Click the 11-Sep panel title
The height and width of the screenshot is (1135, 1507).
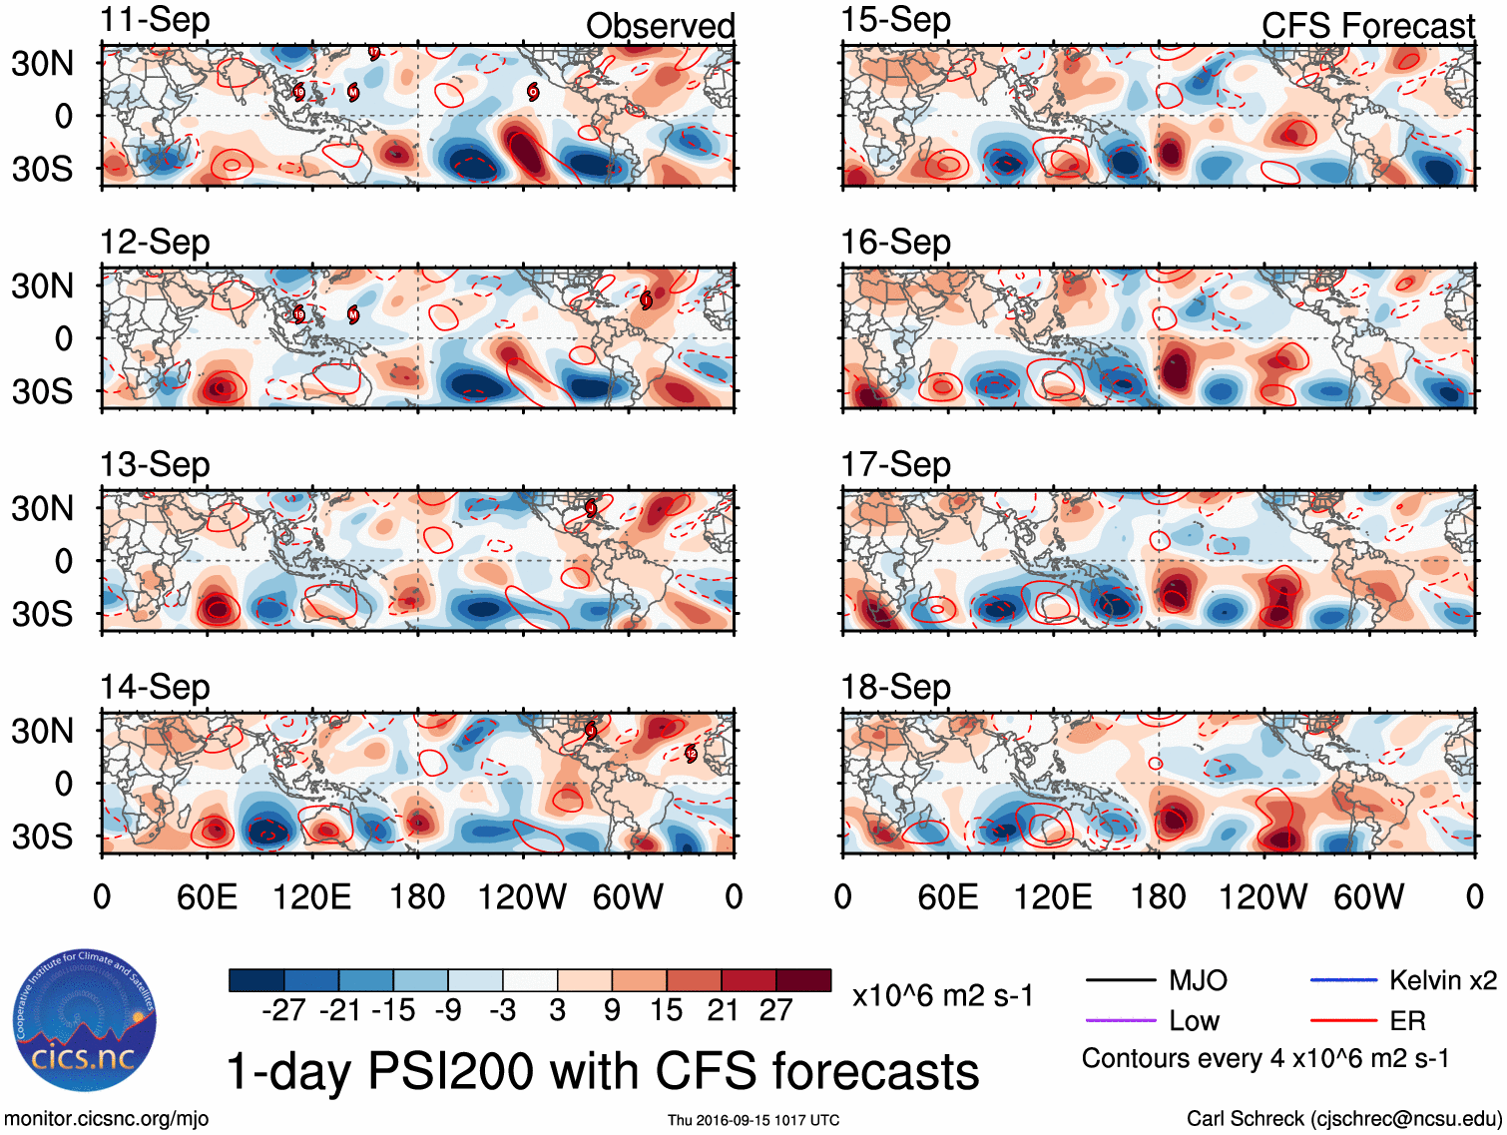pos(155,20)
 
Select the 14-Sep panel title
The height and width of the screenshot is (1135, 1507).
pos(155,687)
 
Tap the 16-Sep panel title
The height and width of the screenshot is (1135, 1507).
pos(895,242)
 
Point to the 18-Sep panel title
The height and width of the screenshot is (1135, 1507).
pos(895,687)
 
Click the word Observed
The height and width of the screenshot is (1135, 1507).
pos(660,26)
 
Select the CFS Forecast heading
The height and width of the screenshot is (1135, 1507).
pos(1367,26)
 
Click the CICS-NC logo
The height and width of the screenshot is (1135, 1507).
pos(84,1020)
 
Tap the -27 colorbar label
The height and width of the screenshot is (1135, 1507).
pos(283,1010)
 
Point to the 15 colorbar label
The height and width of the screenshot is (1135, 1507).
pos(667,1010)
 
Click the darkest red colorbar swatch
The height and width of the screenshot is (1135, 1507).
pos(803,980)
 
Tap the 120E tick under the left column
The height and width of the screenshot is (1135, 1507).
pos(311,896)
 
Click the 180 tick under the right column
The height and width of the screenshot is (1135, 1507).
pos(1158,896)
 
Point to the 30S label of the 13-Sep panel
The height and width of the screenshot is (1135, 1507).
pos(42,613)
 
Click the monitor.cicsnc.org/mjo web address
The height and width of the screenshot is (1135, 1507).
pos(107,1118)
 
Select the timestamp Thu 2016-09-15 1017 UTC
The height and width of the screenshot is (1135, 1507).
pos(753,1120)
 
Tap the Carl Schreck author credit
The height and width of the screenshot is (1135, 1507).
pos(1343,1118)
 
